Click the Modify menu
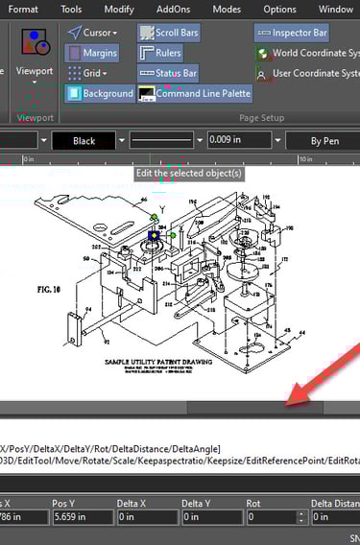[119, 10]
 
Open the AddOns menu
[173, 10]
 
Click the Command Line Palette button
[195, 93]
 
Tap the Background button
[100, 93]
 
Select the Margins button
[93, 53]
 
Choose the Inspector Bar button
[292, 33]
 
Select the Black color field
[84, 141]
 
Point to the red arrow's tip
[287, 400]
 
